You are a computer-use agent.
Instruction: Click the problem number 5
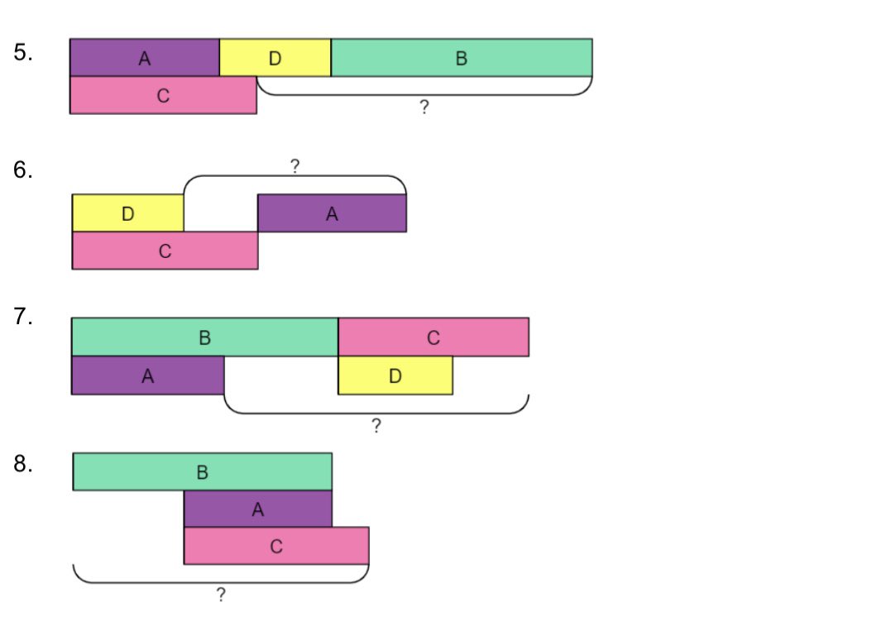(x=23, y=54)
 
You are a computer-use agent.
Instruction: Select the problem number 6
(x=23, y=171)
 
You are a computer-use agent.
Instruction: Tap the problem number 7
(x=23, y=318)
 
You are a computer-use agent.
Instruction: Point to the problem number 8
(x=23, y=465)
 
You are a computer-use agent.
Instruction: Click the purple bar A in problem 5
(x=145, y=57)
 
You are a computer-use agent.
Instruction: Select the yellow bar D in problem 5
(x=275, y=57)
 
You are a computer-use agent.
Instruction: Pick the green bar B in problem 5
(x=462, y=57)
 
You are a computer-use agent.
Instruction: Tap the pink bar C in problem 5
(x=163, y=95)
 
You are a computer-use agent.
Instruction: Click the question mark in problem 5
(x=424, y=108)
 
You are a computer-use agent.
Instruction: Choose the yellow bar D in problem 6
(x=127, y=213)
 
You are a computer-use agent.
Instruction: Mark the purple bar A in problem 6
(x=332, y=213)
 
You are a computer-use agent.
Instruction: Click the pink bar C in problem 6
(x=165, y=251)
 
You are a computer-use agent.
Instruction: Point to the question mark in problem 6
(x=295, y=166)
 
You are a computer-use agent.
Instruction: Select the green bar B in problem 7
(x=205, y=337)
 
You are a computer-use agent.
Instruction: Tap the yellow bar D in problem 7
(x=395, y=375)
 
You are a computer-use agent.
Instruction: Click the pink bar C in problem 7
(x=434, y=337)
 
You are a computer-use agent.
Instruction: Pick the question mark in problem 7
(x=376, y=426)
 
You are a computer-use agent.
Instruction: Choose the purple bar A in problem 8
(x=258, y=509)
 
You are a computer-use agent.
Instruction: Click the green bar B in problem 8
(x=203, y=471)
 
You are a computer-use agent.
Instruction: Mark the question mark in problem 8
(x=221, y=595)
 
